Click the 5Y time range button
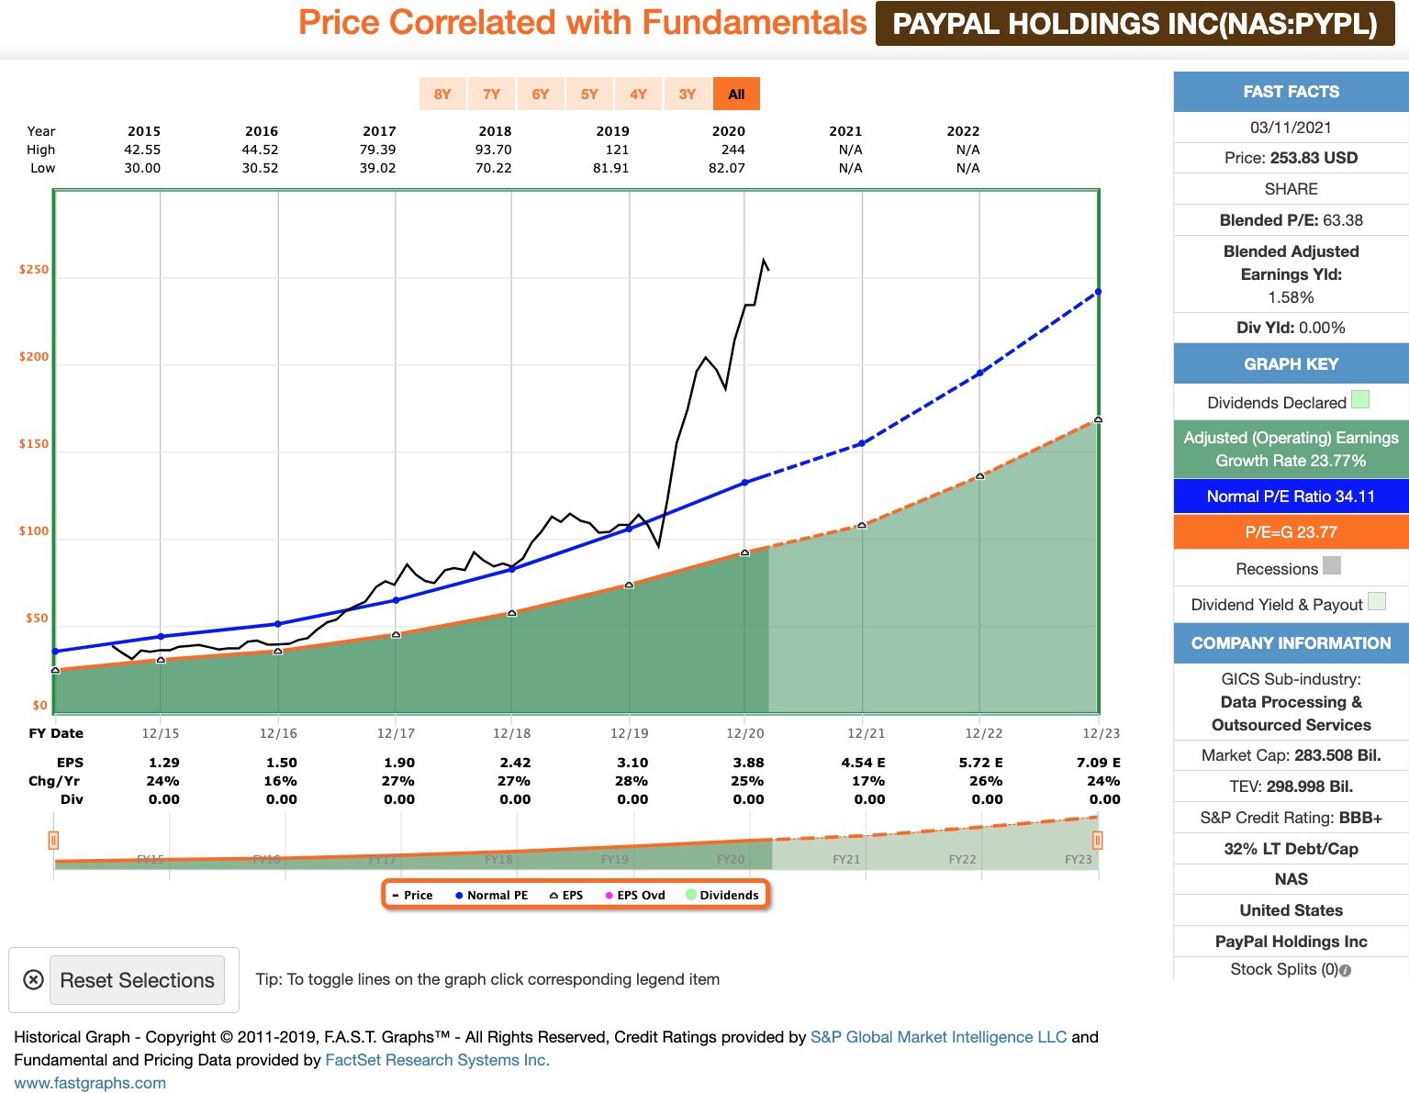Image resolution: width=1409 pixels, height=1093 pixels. [589, 94]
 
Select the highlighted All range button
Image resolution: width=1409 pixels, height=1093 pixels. [736, 94]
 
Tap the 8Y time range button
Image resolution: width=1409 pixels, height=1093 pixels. [442, 94]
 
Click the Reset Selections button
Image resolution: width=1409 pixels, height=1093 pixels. [137, 980]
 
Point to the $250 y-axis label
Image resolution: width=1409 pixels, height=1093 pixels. [34, 270]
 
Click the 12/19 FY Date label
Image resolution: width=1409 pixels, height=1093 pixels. [629, 733]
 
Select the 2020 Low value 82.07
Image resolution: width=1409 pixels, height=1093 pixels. [727, 168]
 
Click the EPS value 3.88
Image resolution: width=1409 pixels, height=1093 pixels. [748, 763]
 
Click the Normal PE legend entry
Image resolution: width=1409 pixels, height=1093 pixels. [492, 895]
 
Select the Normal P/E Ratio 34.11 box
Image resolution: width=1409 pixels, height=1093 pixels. [1291, 496]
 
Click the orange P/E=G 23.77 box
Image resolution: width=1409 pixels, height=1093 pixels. [1291, 532]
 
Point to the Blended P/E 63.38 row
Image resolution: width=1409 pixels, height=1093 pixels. [1291, 220]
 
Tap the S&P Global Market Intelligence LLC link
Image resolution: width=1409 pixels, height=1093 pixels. [938, 1037]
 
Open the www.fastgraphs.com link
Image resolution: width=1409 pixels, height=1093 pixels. [90, 1083]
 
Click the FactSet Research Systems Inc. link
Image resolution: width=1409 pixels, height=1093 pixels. [437, 1060]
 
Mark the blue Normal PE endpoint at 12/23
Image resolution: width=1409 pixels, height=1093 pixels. [1098, 292]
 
